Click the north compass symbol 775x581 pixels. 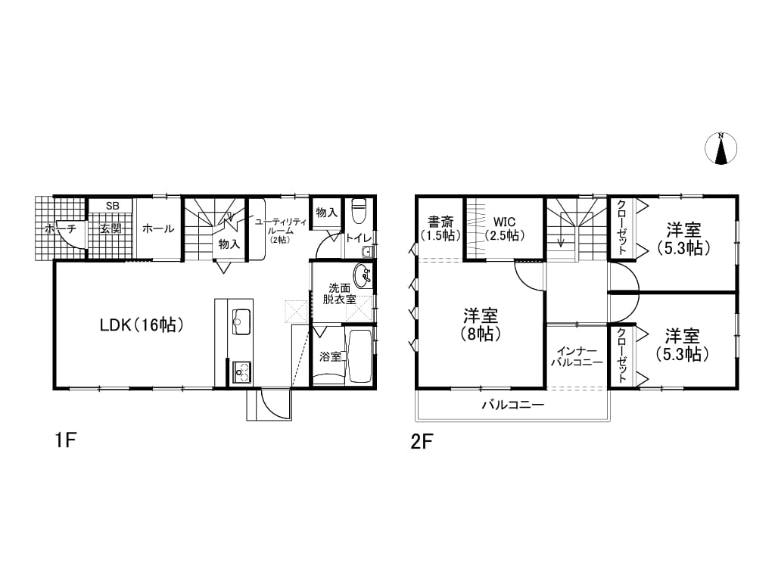tap(721, 148)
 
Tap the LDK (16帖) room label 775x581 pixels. tap(142, 325)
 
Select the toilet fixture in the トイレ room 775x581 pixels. tap(358, 211)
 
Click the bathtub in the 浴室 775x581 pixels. tap(359, 356)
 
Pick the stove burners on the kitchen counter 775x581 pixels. tap(241, 371)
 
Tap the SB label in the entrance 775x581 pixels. tap(112, 206)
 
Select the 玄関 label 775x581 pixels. tap(110, 228)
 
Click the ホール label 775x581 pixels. tap(158, 228)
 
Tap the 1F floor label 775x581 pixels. tap(65, 440)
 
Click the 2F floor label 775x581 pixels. tap(422, 441)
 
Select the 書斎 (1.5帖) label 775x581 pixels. tap(440, 228)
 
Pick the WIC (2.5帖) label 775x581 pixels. tap(505, 228)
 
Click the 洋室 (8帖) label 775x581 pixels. tap(481, 325)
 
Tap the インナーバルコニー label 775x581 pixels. tap(577, 356)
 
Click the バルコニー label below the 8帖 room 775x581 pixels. tap(513, 405)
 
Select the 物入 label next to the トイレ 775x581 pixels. tap(326, 213)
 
